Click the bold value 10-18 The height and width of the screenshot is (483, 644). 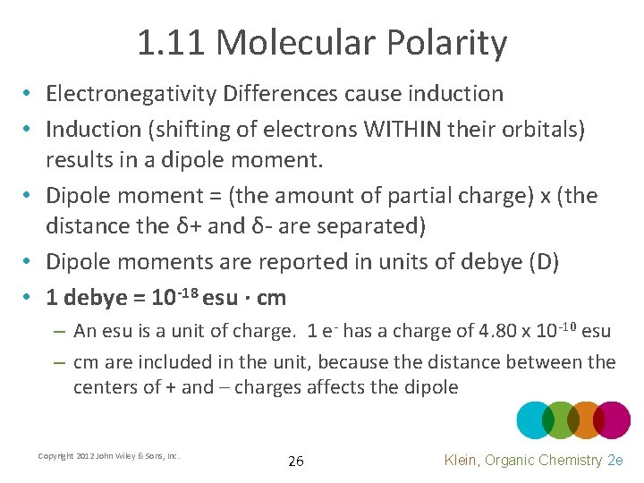(174, 295)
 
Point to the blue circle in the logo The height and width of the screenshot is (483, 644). (536, 419)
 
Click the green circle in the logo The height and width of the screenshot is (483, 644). (560, 419)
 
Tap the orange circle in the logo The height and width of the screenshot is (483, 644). (585, 419)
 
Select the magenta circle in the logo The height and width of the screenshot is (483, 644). (613, 419)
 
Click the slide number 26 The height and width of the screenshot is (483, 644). (295, 462)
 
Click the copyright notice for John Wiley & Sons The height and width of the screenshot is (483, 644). (109, 456)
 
